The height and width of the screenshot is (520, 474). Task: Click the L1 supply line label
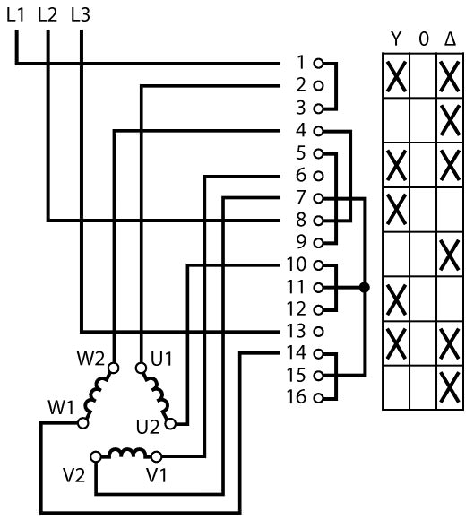click(15, 15)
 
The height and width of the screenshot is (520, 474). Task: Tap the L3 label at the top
click(81, 15)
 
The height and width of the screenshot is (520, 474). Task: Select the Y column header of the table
click(396, 39)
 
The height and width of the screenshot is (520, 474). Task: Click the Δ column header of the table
click(450, 39)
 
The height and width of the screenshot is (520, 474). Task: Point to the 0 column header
click(423, 39)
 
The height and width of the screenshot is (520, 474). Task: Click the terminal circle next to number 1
click(318, 64)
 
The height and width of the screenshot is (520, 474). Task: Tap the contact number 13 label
click(296, 331)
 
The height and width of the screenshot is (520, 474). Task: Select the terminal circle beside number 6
click(318, 176)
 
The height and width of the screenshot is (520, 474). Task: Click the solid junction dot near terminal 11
click(365, 288)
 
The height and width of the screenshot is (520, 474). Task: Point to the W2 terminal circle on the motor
click(114, 368)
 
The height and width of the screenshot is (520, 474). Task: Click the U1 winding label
click(161, 359)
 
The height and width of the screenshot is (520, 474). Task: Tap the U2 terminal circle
click(170, 424)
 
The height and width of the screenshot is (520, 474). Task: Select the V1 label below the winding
click(157, 475)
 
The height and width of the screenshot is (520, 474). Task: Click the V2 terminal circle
click(96, 456)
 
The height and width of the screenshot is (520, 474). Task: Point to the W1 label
click(61, 407)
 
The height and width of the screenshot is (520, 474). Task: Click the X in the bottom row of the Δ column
click(450, 387)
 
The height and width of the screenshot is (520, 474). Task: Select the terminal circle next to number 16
click(318, 398)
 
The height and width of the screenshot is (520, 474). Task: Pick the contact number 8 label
click(301, 220)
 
